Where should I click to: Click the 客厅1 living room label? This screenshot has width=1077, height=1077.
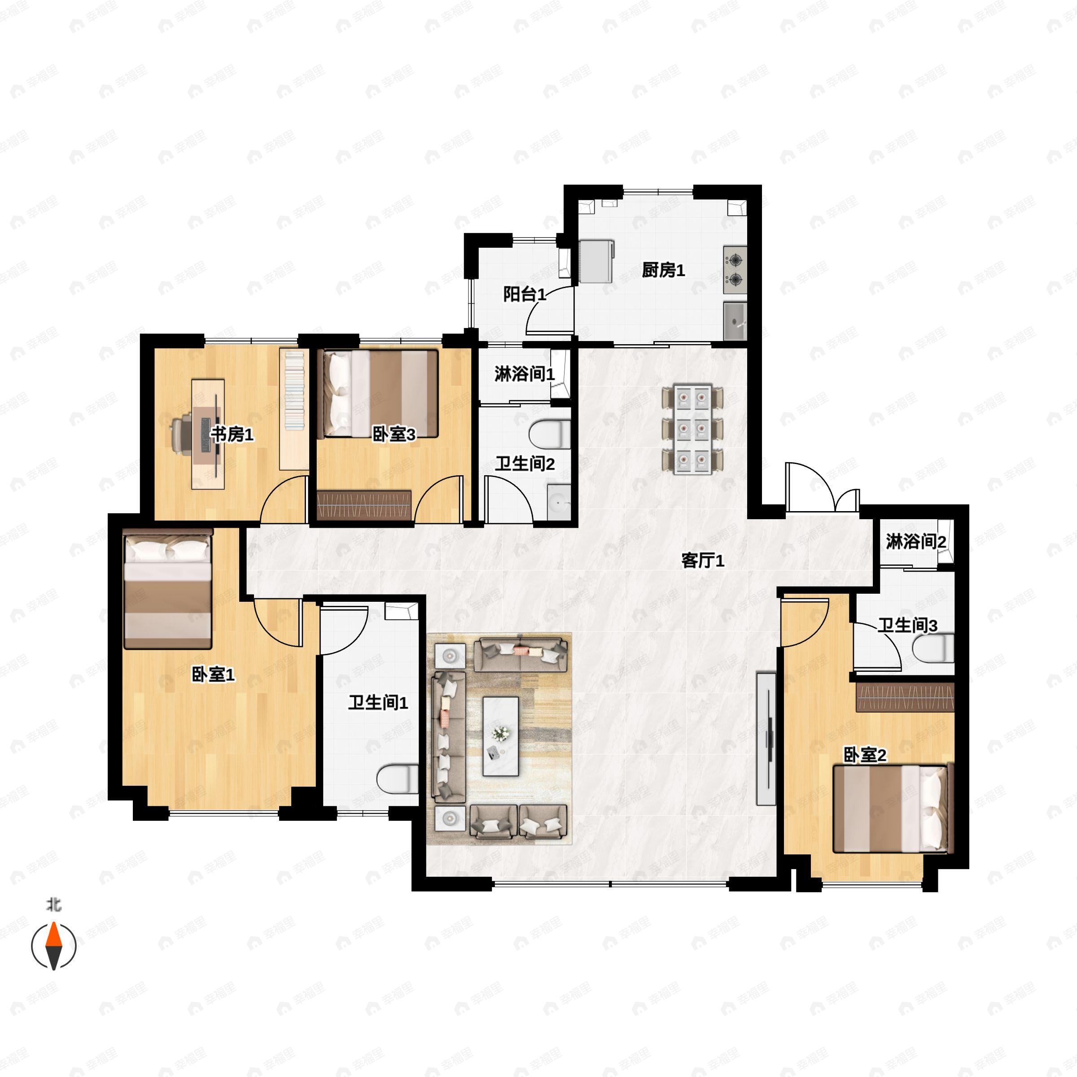pyautogui.click(x=702, y=560)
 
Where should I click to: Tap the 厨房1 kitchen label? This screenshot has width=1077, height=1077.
pyautogui.click(x=663, y=270)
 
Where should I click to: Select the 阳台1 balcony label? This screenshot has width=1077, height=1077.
pyautogui.click(x=524, y=294)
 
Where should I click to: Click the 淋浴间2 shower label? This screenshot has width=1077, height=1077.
pyautogui.click(x=915, y=541)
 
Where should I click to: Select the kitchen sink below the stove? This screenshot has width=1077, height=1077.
pyautogui.click(x=736, y=321)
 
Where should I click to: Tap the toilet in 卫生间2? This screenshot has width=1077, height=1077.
pyautogui.click(x=550, y=434)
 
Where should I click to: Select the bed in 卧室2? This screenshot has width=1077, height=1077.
pyautogui.click(x=890, y=809)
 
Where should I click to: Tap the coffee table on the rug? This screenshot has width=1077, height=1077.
pyautogui.click(x=501, y=736)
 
